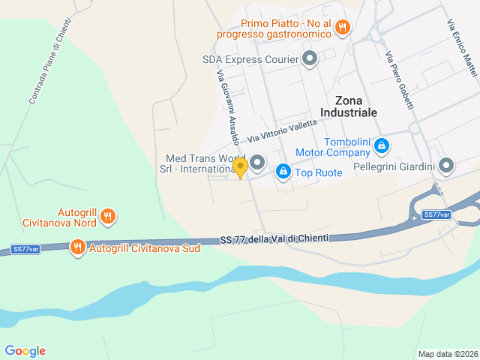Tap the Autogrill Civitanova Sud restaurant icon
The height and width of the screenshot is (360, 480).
tap(77, 247)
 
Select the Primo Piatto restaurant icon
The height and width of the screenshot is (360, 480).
tap(342, 28)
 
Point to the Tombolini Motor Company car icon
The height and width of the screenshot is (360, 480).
tap(381, 145)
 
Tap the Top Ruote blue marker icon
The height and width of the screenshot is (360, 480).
tap(283, 172)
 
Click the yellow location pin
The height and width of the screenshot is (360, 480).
tap(240, 167)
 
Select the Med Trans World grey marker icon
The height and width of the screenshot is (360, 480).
tap(257, 162)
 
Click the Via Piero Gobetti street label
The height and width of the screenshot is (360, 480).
tap(400, 82)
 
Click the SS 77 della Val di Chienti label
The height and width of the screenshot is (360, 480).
tap(274, 239)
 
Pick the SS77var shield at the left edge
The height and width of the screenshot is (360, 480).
tap(25, 249)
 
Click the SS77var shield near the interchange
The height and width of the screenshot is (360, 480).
tap(436, 214)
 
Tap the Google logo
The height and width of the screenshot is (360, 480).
tap(25, 351)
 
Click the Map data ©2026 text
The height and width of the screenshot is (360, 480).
tap(447, 354)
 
